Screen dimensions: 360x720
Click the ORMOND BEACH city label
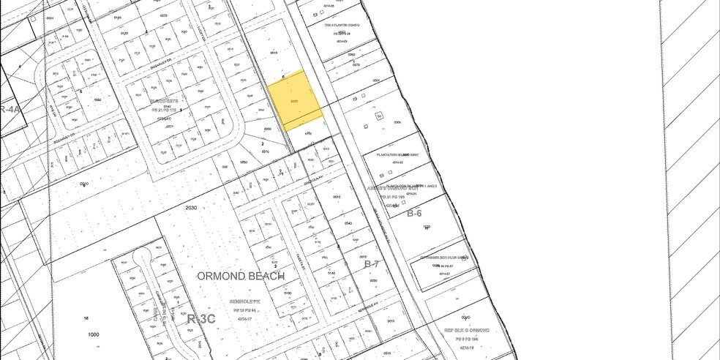click(241, 276)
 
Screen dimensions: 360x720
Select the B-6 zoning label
click(414, 213)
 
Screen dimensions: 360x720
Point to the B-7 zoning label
click(372, 264)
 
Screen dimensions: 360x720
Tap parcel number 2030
click(192, 208)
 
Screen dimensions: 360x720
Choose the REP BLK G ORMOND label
click(466, 331)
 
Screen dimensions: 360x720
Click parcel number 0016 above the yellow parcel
click(275, 53)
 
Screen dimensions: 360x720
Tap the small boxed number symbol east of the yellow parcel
click(379, 116)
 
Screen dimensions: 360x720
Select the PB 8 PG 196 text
click(466, 340)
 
